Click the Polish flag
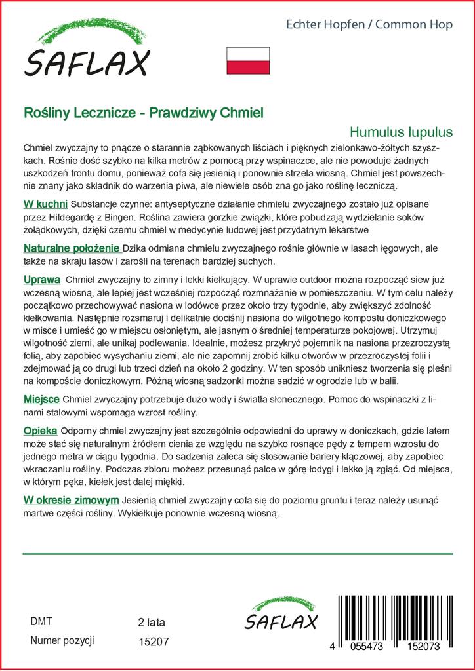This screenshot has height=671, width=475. [247, 60]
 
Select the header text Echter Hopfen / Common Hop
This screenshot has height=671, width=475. [369, 25]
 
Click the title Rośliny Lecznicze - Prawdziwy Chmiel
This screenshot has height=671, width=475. [143, 113]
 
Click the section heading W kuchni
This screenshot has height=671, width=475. [45, 204]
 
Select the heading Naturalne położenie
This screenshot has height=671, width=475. [72, 249]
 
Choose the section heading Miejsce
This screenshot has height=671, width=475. [41, 399]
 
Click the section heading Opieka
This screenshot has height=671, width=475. [40, 431]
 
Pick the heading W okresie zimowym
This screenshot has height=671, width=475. [71, 501]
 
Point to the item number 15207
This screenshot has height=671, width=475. [154, 642]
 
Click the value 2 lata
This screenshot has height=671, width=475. [152, 622]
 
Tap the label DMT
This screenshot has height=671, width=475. [41, 621]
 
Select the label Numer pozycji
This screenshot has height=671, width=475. [63, 640]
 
